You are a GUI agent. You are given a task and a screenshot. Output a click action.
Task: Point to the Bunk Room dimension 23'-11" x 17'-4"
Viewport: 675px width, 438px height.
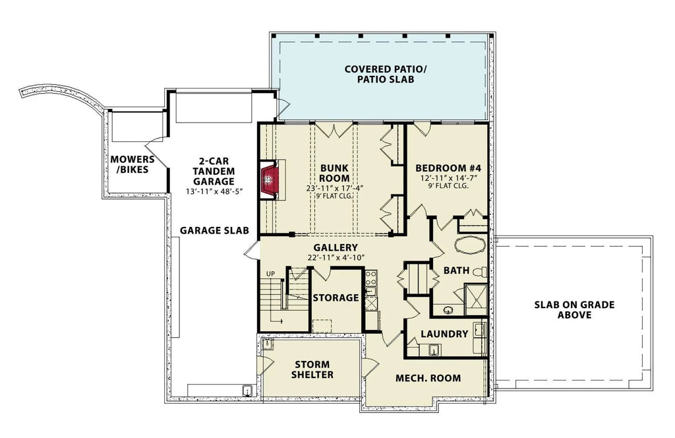pos(335,187)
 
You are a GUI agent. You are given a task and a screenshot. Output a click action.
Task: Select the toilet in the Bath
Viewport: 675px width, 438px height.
pos(481,272)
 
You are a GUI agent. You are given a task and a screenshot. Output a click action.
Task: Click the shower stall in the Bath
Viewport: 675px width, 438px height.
pos(475,296)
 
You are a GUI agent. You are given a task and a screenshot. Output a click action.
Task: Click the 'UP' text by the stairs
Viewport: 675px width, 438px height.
pos(270,274)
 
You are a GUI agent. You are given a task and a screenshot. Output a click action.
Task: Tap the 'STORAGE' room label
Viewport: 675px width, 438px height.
pos(336,298)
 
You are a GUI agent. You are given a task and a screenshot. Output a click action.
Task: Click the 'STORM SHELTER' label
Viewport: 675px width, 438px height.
pos(312,369)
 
